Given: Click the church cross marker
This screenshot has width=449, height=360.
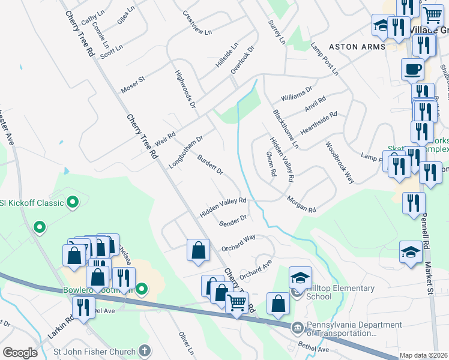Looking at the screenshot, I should (x=144, y=350).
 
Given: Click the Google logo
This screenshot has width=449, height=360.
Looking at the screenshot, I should (x=20, y=353).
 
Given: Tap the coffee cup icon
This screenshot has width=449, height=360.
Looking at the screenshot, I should (x=412, y=70).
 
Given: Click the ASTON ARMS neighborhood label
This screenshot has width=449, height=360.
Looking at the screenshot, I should (x=352, y=47).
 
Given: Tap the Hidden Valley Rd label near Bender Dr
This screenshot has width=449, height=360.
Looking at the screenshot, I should (x=223, y=208).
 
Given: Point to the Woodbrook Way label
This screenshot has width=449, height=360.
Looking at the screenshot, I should (x=340, y=162).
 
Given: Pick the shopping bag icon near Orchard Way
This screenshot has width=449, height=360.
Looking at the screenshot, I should (x=198, y=251).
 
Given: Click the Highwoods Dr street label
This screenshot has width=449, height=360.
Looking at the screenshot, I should (x=185, y=88).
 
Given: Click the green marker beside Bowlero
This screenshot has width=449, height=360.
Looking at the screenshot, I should (x=142, y=290).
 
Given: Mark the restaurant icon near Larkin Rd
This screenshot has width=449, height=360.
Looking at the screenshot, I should (x=84, y=308).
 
